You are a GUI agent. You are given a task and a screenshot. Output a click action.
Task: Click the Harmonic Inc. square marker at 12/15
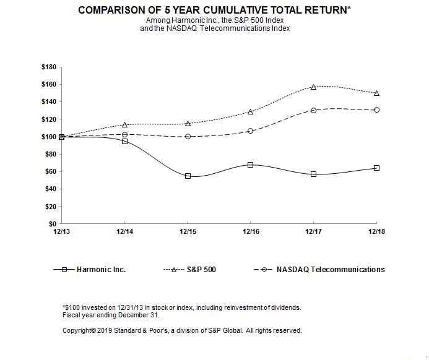[188, 176]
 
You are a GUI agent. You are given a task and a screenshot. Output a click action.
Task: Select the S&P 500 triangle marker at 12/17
[314, 87]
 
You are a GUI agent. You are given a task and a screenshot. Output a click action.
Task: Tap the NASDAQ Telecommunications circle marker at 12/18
[376, 109]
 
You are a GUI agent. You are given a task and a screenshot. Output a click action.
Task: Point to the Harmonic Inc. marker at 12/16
[250, 165]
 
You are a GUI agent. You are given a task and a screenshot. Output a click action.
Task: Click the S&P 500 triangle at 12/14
[125, 125]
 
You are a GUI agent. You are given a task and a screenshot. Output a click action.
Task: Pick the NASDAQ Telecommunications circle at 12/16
[250, 131]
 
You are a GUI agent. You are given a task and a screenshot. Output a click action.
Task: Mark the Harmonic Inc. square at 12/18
[376, 168]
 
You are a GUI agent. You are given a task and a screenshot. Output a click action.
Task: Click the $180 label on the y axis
[49, 67]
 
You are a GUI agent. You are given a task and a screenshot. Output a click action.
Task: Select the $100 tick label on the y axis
[49, 137]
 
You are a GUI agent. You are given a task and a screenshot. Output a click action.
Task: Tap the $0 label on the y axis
[53, 223]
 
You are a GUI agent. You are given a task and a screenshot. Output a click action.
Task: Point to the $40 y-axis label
[51, 189]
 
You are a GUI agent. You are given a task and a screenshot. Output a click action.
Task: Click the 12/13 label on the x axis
[62, 231]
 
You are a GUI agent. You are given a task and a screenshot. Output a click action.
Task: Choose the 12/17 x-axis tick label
[314, 231]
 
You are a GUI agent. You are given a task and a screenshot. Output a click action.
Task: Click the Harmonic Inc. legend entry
[102, 269]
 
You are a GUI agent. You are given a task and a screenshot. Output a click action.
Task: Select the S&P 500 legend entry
[202, 269]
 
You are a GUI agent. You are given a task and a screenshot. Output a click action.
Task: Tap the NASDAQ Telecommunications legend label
[330, 269]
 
